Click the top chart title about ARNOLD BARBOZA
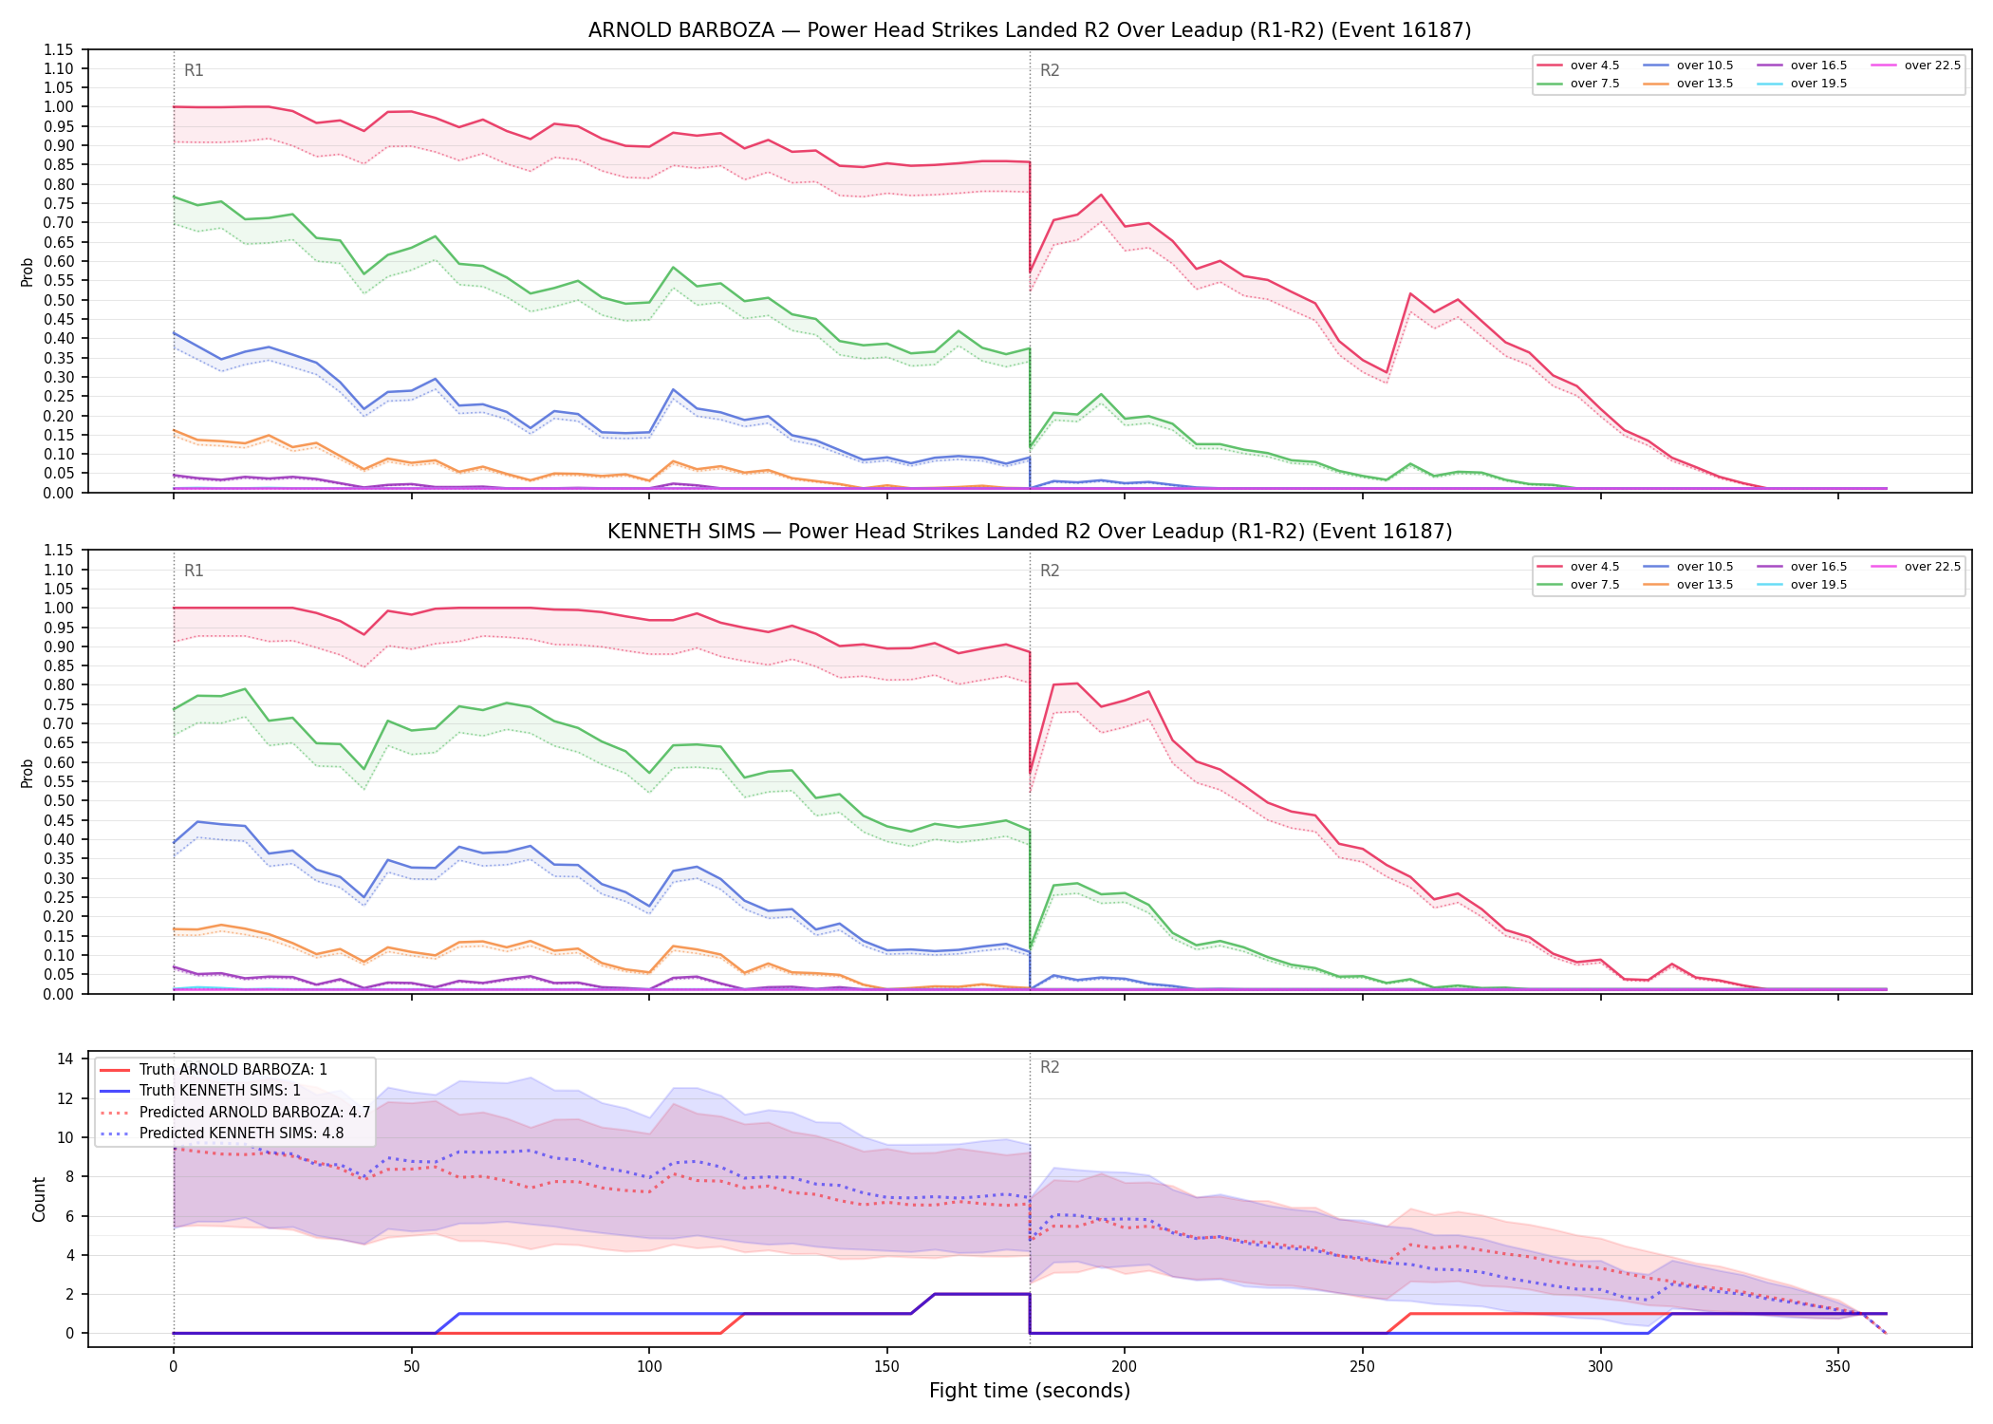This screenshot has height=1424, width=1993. click(x=1030, y=30)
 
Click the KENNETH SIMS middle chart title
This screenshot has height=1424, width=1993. click(x=1030, y=532)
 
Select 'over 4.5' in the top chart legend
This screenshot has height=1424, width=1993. click(x=1594, y=66)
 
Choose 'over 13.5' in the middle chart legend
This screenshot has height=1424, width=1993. click(x=1704, y=585)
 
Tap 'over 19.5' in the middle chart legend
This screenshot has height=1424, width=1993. click(x=1818, y=585)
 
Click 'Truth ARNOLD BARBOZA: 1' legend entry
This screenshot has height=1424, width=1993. click(x=233, y=1070)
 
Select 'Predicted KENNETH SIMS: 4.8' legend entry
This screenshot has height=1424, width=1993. click(x=241, y=1134)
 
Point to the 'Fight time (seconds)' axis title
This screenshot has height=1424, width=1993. click(x=1030, y=1391)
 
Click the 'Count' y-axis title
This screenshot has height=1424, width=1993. click(x=39, y=1199)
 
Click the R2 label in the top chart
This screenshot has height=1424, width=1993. click(x=1050, y=70)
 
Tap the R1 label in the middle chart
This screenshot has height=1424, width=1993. click(x=194, y=571)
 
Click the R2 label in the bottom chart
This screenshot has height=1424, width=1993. click(x=1050, y=1067)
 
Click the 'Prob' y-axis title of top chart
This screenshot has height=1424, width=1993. click(x=28, y=272)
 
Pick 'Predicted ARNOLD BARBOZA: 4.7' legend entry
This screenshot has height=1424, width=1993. click(x=254, y=1113)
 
